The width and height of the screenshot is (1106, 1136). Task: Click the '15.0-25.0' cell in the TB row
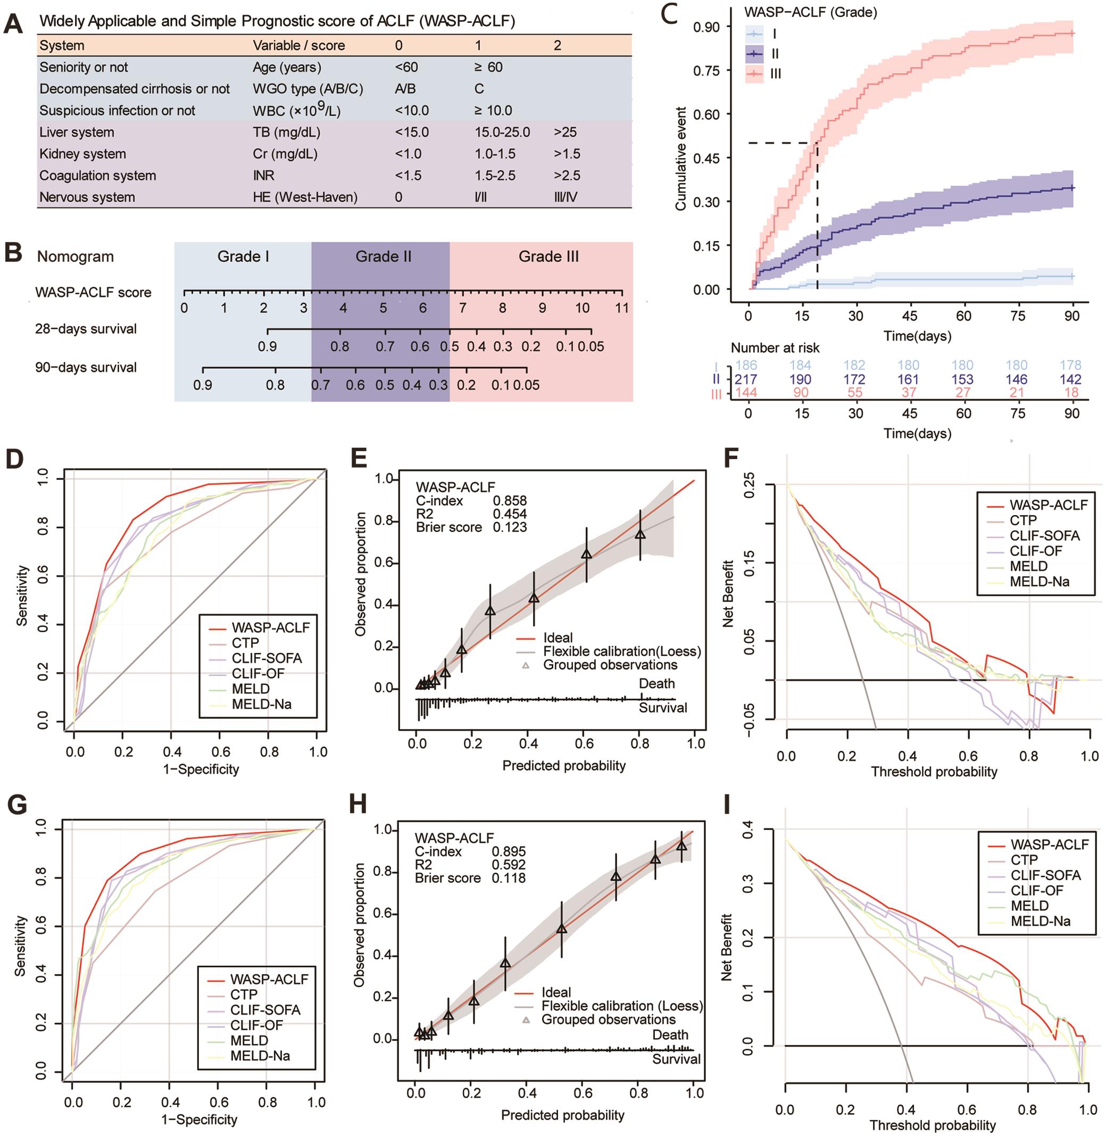pos(502,132)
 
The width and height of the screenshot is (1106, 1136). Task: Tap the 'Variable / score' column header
pos(298,45)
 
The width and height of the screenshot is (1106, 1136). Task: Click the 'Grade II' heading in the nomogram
pos(384,256)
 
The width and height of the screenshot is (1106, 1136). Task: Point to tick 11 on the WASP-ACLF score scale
pos(622,308)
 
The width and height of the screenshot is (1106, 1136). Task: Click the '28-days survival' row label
pos(86,329)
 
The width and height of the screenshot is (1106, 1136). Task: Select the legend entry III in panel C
pos(775,73)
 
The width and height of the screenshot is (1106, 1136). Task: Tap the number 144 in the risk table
pos(747,392)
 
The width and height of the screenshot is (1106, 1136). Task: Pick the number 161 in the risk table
pos(909,379)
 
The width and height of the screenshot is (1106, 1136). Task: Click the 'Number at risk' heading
pos(775,348)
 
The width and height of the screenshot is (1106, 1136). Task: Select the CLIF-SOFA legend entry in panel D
pos(267,658)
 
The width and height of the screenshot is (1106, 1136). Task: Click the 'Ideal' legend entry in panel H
pos(556,992)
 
